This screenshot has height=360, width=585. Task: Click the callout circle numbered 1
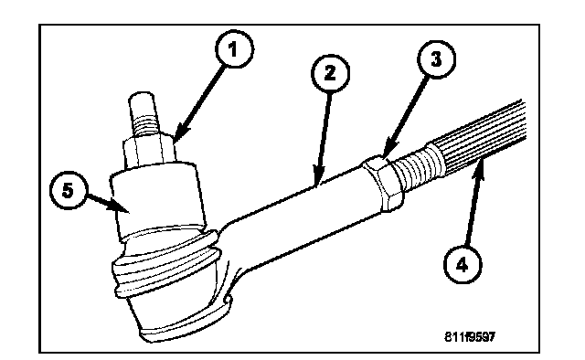point(234,48)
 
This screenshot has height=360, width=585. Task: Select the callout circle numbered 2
point(330,73)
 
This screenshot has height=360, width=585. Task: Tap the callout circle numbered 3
point(436,59)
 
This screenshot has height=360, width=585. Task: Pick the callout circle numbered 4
point(463,264)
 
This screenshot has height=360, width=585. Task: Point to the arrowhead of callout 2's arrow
point(317,179)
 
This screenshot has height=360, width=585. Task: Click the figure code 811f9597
point(470,337)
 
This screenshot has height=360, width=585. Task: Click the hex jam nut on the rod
point(384,183)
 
